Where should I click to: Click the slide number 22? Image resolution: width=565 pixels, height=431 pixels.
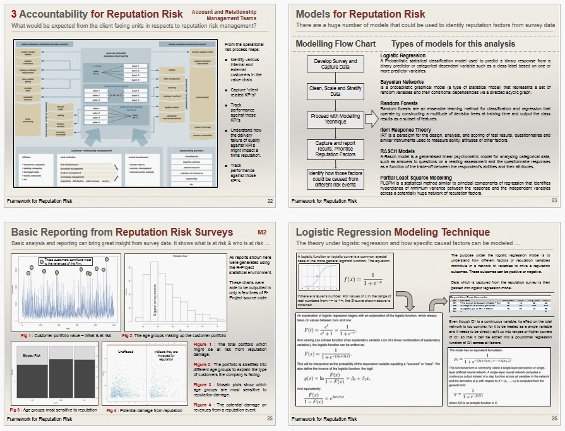pos(270,201)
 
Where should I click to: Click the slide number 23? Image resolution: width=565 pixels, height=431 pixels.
pos(554,201)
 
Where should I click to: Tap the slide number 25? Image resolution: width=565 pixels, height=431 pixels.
pos(270,418)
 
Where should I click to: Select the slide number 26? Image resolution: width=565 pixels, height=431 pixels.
pos(554,418)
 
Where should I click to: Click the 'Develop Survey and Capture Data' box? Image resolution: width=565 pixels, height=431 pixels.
pos(335,65)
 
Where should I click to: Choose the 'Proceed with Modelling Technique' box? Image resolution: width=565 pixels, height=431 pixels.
pos(335,119)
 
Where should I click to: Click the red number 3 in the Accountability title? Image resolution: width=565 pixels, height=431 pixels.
pos(14,14)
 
